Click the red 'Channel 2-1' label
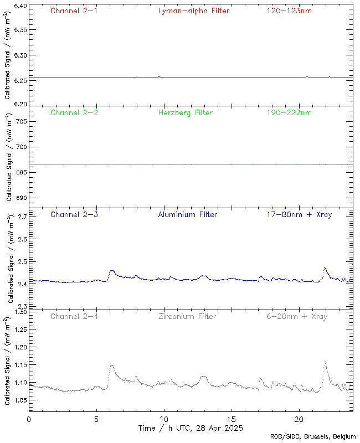tap(74, 11)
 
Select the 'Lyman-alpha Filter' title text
tap(193, 11)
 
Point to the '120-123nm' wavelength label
tap(289, 11)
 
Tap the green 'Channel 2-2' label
tap(74, 113)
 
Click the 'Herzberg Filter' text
tap(185, 113)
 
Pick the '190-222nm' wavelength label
tap(289, 113)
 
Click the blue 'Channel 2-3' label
tap(74, 215)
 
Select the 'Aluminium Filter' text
tap(187, 215)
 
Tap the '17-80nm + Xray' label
tap(299, 215)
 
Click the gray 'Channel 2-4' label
tap(74, 317)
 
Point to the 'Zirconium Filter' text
tap(187, 317)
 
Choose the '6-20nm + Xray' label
tap(297, 317)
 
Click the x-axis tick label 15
tap(232, 420)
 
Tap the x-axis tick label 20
tap(299, 420)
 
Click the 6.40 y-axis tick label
tap(20, 7)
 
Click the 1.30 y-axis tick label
tap(20, 312)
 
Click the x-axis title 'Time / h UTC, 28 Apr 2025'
tap(190, 428)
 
